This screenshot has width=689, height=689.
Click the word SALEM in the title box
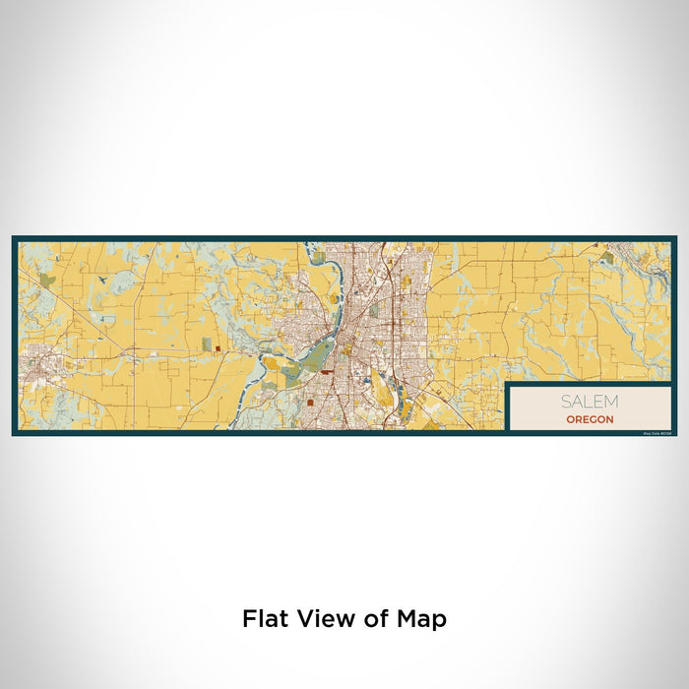coord(590,402)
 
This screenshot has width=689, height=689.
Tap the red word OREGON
coord(590,419)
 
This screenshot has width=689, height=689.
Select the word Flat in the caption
coord(264,619)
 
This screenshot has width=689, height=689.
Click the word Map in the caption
coord(425,619)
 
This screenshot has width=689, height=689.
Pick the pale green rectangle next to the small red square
coord(207,344)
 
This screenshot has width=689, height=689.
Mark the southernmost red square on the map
coord(309,402)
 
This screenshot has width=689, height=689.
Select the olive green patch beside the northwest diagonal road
coord(47,281)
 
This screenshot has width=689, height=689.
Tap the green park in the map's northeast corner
coord(607,258)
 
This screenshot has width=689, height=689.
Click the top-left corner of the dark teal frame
coord(14,237)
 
